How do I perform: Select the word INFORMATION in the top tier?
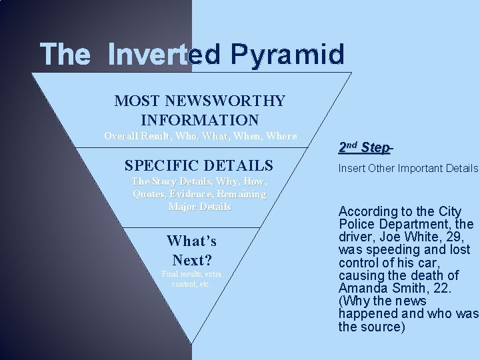pyautogui.click(x=200, y=121)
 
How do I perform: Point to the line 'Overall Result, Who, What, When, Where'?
pyautogui.click(x=200, y=136)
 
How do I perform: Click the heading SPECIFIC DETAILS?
pyautogui.click(x=199, y=165)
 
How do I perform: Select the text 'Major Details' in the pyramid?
pyautogui.click(x=200, y=207)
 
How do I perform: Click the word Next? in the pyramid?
pyautogui.click(x=191, y=259)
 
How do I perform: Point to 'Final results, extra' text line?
pyautogui.click(x=191, y=274)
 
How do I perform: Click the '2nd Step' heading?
pyautogui.click(x=364, y=146)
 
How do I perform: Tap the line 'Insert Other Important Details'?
pyautogui.click(x=408, y=169)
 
